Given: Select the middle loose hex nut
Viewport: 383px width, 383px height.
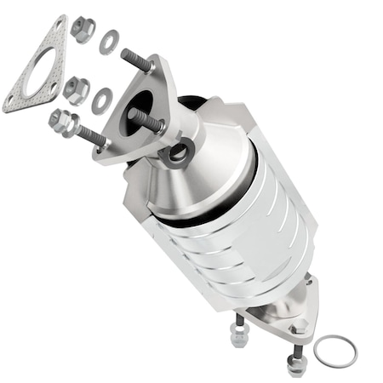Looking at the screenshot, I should coord(76,89).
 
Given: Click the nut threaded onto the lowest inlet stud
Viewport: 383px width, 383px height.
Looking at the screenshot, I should coord(62,123).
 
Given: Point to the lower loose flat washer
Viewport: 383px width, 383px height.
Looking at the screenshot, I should coord(102,100).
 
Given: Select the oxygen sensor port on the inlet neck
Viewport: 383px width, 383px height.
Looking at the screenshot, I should coord(180,154).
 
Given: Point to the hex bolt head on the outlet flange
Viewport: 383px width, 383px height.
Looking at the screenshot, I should coord(298,328).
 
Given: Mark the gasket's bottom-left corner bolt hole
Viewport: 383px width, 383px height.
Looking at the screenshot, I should coord(11,103).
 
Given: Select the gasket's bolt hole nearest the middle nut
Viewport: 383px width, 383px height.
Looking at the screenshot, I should coord(54,85).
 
